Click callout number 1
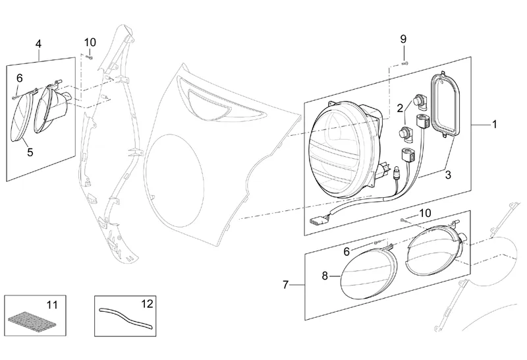click(494, 125)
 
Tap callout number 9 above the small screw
click(403, 39)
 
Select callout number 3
click(448, 175)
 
